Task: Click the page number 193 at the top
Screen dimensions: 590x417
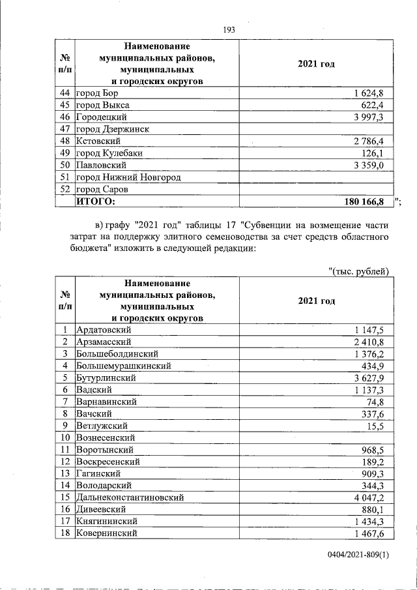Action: coord(229,29)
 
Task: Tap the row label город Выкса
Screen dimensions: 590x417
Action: coord(103,105)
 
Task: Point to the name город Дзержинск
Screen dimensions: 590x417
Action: coord(113,129)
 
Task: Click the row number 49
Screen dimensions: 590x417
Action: coord(65,153)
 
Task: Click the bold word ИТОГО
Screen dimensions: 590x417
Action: coord(95,201)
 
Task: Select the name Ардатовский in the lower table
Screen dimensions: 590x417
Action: coord(104,330)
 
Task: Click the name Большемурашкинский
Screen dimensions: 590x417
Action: coord(124,366)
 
